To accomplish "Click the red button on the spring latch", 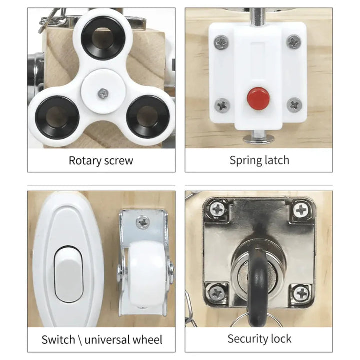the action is click(x=258, y=98).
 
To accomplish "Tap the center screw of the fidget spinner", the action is click(x=103, y=94).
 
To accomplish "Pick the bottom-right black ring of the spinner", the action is click(x=148, y=117).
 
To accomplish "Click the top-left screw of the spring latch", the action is click(x=221, y=42).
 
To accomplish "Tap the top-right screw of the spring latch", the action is click(x=294, y=42).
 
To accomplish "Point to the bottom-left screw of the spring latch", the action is click(x=222, y=105).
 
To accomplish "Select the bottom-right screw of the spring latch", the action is click(x=294, y=105).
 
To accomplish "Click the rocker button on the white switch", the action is click(x=68, y=274).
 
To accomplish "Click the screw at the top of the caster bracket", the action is click(x=143, y=222).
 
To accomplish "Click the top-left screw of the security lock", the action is click(x=217, y=210).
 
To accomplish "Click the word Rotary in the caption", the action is click(x=85, y=161).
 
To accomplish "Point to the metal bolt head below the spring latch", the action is click(x=259, y=138).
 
